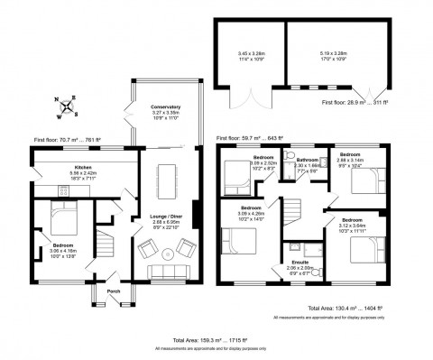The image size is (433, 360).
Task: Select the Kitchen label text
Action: pos(84,169)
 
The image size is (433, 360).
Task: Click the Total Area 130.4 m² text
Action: pos(345,309)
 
